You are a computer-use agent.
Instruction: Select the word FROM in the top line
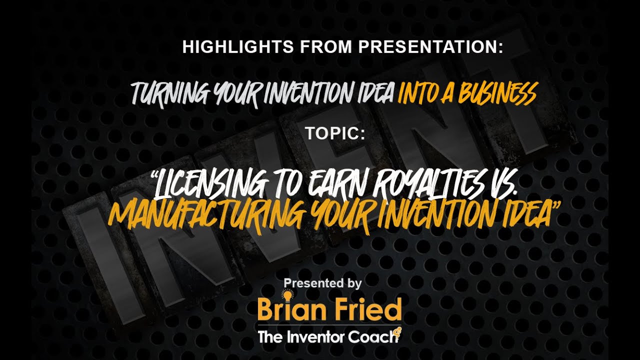point(323,47)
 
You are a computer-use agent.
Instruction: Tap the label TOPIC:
point(334,133)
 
